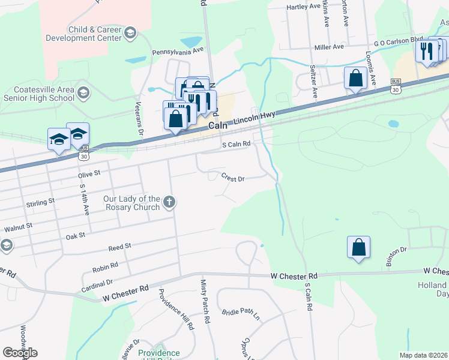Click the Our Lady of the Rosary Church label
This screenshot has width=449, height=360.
point(131,203)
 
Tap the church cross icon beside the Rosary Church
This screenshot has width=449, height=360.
point(169,202)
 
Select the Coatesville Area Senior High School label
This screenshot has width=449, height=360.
point(39,94)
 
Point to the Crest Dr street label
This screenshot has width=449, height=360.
point(233,178)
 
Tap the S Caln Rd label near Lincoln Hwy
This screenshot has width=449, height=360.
point(235,145)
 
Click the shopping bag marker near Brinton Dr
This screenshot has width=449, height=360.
point(358,247)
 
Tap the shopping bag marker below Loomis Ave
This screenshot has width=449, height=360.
point(355,78)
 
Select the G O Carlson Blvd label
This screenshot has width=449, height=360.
point(398,41)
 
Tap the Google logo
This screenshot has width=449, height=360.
point(20,353)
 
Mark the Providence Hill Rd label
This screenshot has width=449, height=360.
point(176,310)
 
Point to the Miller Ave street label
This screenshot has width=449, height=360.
point(329,47)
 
